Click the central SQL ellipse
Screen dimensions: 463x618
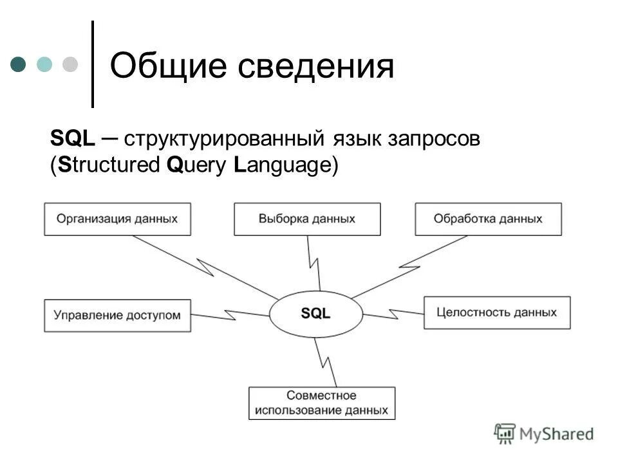315,314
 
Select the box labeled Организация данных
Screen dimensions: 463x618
117,219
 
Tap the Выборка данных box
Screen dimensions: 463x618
307,219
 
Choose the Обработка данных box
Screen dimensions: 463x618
488,219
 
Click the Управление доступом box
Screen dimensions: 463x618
117,315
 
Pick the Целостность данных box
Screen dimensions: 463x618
496,313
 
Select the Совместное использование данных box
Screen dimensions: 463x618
321,403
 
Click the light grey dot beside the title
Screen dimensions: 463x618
70,64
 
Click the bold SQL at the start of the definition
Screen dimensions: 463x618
73,139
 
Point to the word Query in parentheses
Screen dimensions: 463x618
196,165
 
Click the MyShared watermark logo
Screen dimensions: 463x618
544,433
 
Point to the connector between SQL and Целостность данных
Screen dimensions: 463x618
393,314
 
